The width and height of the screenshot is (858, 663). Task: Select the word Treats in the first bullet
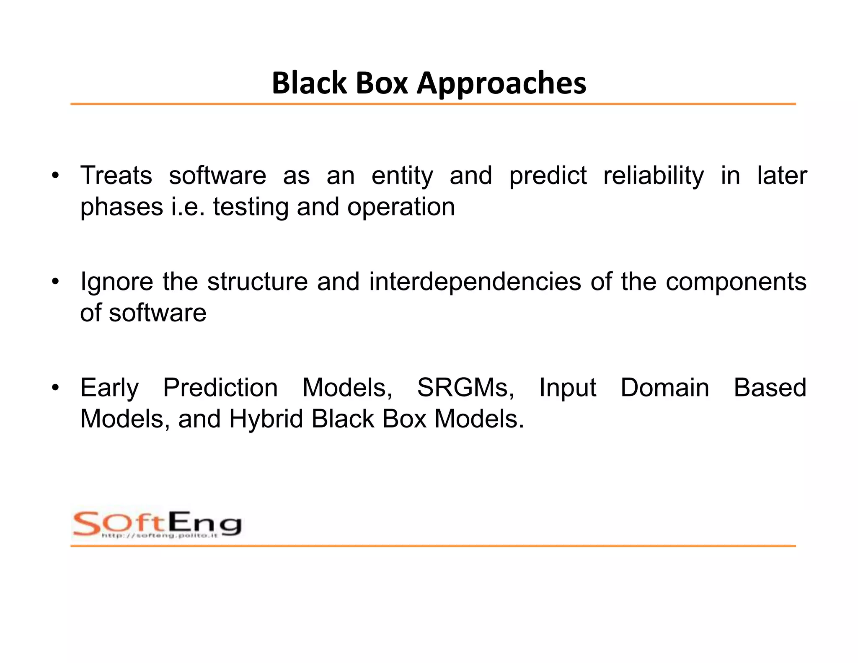pyautogui.click(x=116, y=176)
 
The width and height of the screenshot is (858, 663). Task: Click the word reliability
pyautogui.click(x=653, y=176)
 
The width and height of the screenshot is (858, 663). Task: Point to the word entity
pyautogui.click(x=402, y=176)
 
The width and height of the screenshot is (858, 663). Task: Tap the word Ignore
pyautogui.click(x=116, y=282)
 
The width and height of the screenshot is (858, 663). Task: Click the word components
pyautogui.click(x=736, y=282)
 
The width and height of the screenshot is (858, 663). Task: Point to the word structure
pyautogui.click(x=257, y=282)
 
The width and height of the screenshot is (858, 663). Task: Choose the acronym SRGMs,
pyautogui.click(x=465, y=388)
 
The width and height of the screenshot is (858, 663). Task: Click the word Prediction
pyautogui.click(x=220, y=388)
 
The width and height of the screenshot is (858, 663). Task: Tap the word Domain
pyautogui.click(x=664, y=388)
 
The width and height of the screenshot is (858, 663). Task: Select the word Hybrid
pyautogui.click(x=266, y=419)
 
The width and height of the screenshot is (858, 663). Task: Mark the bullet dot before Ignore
pyautogui.click(x=55, y=282)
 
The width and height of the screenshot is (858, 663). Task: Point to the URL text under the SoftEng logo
pyautogui.click(x=159, y=536)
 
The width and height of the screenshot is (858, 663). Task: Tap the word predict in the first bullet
pyautogui.click(x=547, y=176)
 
